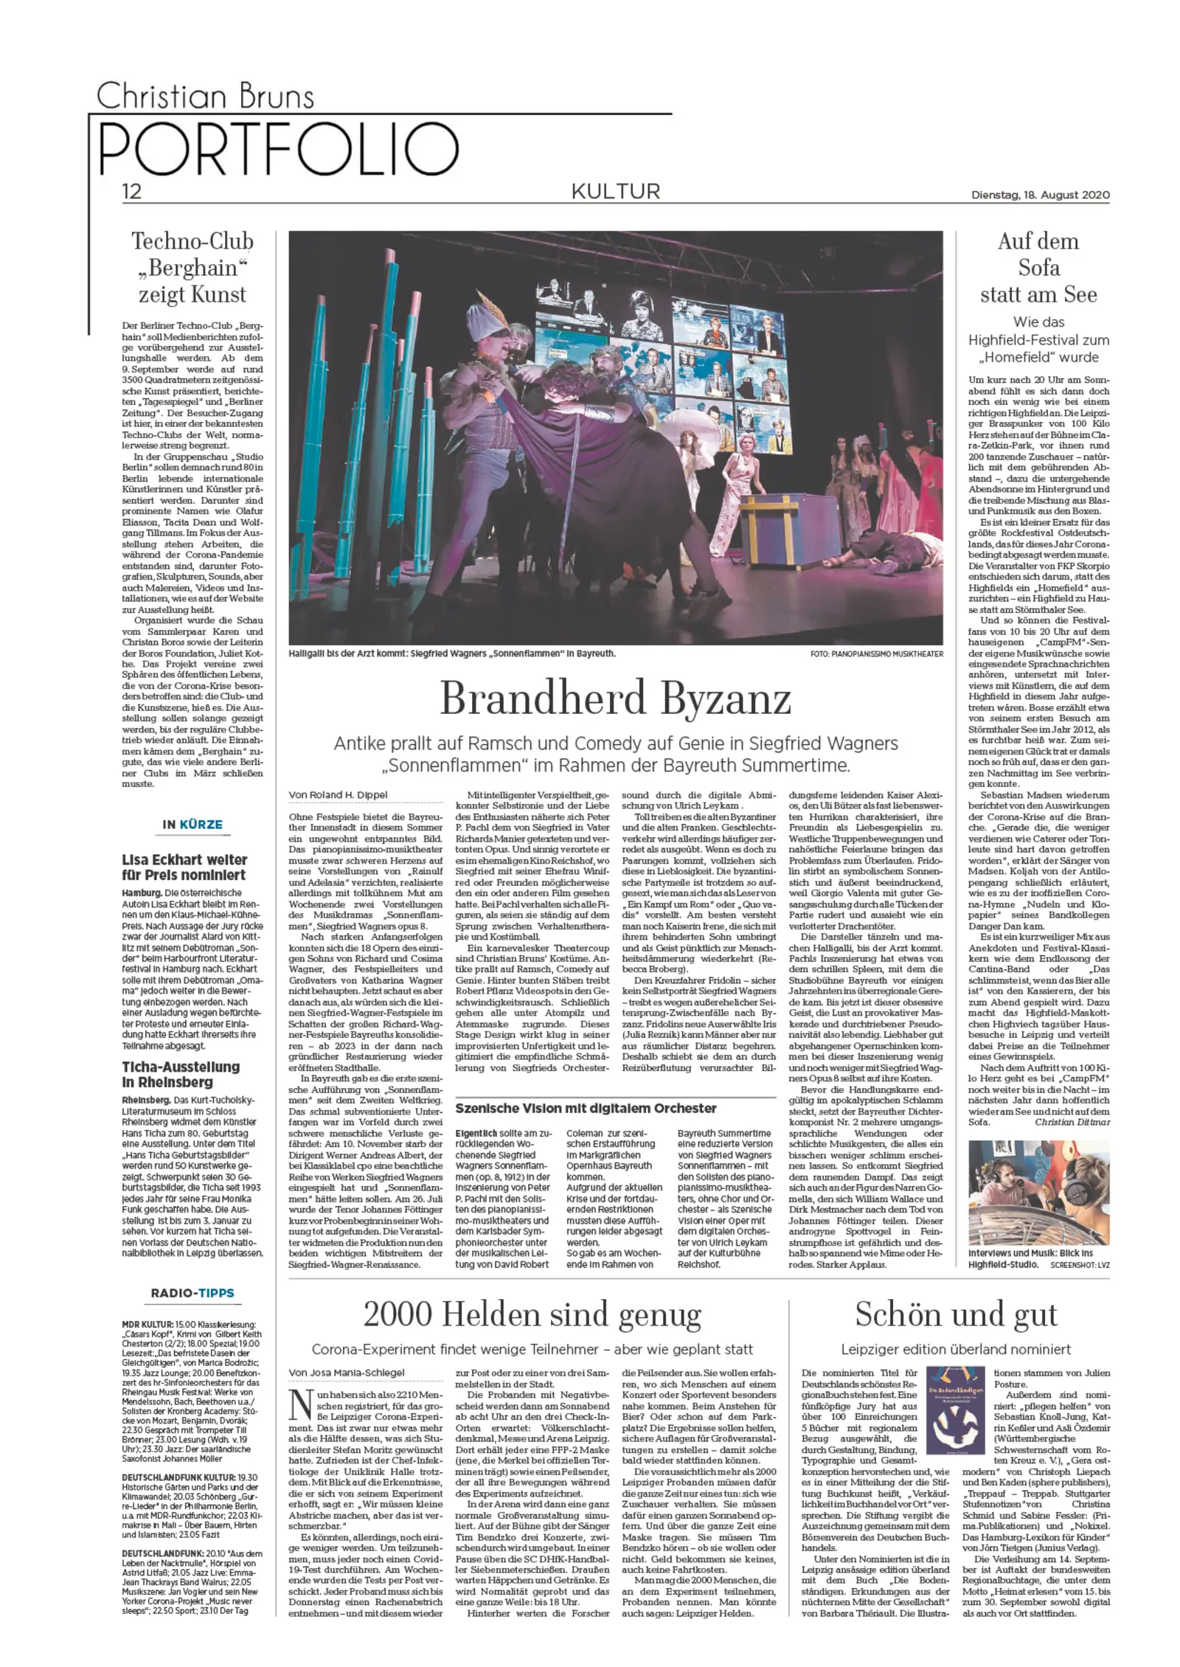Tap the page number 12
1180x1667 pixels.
[x=131, y=193]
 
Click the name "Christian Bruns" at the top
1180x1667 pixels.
[x=206, y=97]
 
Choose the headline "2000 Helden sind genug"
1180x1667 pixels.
[x=532, y=1314]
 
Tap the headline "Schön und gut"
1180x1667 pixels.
[x=956, y=1314]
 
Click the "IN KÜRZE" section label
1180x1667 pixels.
[x=192, y=824]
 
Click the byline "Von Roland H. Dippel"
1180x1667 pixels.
[x=339, y=794]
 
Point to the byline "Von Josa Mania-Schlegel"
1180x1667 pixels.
[x=347, y=1371]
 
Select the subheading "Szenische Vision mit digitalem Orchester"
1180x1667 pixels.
[x=586, y=1107]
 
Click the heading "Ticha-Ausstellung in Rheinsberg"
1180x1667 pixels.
[x=181, y=1074]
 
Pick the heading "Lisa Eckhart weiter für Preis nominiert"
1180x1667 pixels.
[x=184, y=867]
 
